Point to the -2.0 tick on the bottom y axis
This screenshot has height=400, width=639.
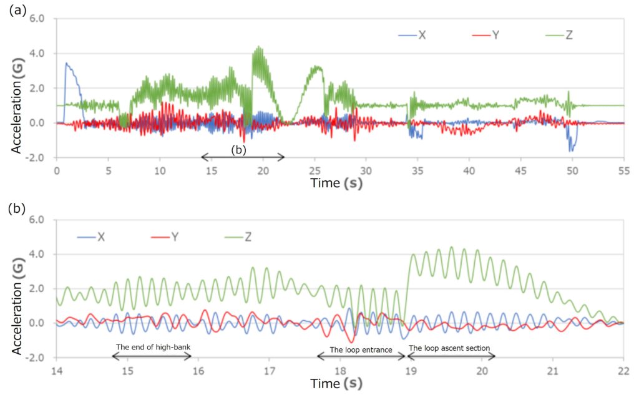[x=37, y=358]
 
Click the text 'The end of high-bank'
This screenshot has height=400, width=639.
[x=152, y=347]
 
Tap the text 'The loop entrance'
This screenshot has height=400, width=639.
[x=360, y=349]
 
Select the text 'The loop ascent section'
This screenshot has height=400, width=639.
[x=449, y=348]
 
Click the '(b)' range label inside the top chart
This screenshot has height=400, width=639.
[x=240, y=150]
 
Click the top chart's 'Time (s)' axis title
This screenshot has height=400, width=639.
[x=337, y=184]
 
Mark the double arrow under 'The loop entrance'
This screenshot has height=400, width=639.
[x=361, y=356]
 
